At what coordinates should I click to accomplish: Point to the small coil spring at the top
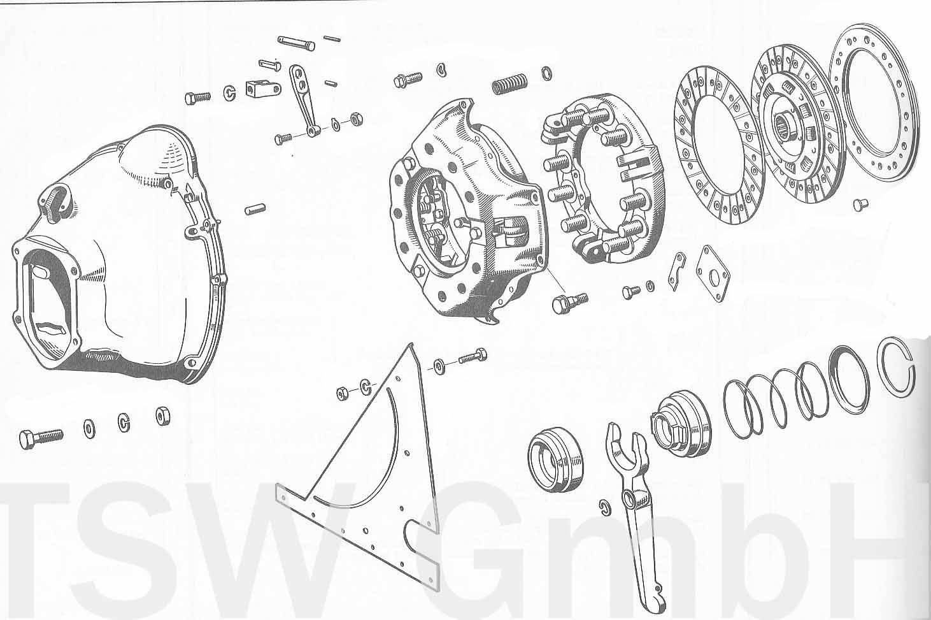[x=509, y=85]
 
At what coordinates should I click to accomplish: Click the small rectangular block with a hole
[x=263, y=89]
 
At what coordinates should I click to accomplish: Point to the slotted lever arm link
[x=303, y=100]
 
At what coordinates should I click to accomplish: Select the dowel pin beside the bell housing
[x=255, y=209]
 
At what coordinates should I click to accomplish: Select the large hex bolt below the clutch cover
[x=570, y=302]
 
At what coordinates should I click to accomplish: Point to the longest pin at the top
[x=296, y=43]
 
